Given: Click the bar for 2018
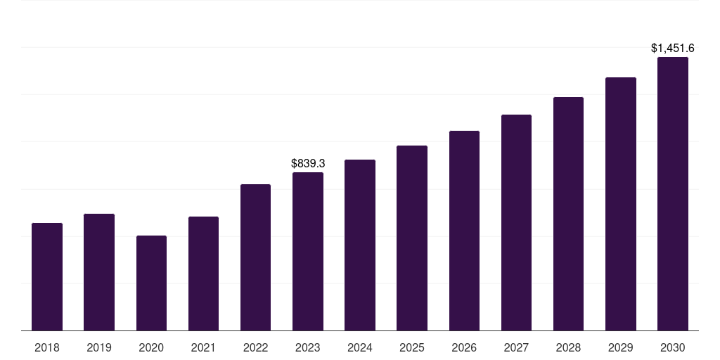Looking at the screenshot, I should click(x=47, y=277).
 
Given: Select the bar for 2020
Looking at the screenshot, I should click(x=151, y=283).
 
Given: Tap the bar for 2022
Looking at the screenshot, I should click(x=255, y=257).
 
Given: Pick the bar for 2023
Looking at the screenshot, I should click(x=308, y=252).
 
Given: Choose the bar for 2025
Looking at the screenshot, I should click(x=412, y=238).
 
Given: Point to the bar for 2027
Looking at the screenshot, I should click(x=516, y=223).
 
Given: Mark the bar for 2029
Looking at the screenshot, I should click(x=621, y=204).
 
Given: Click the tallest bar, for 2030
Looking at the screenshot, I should click(x=673, y=194).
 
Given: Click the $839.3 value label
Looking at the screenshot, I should click(x=308, y=163).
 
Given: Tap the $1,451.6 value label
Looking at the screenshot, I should click(x=673, y=48).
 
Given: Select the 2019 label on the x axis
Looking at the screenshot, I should click(x=99, y=347).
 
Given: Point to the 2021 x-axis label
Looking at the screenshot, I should click(x=203, y=347).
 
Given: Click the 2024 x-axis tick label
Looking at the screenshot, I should click(x=360, y=347).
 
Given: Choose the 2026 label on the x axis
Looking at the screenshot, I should click(x=464, y=347).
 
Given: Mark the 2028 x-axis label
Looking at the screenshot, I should click(x=568, y=347).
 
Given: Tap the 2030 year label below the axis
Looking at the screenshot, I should click(x=673, y=347).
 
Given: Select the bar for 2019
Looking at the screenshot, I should click(x=99, y=272).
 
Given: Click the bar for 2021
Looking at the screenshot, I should click(x=203, y=274).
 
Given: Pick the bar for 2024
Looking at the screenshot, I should click(x=360, y=245).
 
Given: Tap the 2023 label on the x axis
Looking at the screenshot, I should click(x=308, y=347).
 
